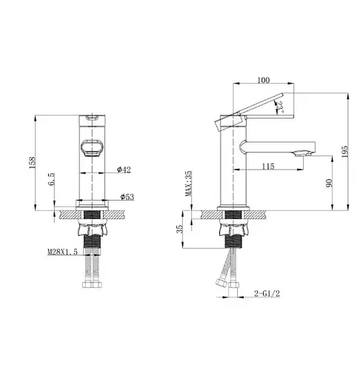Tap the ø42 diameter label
click(124, 171)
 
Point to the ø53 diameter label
click(127, 197)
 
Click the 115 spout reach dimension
click(268, 167)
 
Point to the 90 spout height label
click(328, 183)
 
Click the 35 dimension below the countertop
click(180, 230)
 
